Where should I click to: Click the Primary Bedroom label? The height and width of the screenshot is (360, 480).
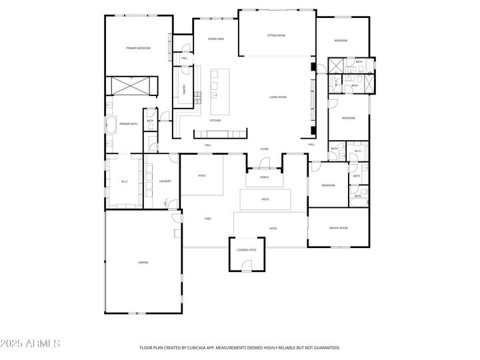click(x=139, y=48)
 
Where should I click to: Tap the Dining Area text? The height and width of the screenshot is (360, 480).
click(x=215, y=39)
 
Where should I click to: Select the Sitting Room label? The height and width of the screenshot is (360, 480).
click(x=277, y=35)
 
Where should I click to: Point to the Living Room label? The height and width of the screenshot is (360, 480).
click(x=278, y=97)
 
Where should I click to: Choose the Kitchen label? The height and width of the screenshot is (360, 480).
click(x=215, y=120)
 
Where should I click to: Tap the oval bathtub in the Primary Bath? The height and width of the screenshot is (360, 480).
click(x=110, y=125)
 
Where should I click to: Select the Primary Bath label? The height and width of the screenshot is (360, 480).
click(x=128, y=124)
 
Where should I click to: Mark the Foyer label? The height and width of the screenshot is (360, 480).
click(x=264, y=149)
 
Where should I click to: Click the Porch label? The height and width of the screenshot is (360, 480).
click(x=265, y=178)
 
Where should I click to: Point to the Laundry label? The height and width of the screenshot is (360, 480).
click(x=165, y=181)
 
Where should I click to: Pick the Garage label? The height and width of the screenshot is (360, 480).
click(x=143, y=263)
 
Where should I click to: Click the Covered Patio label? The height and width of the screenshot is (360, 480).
click(x=247, y=250)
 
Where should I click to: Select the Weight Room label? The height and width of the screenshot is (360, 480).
click(x=339, y=228)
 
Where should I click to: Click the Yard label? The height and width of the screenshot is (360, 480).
click(x=207, y=218)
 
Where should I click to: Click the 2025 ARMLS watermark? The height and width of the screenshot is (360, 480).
click(x=31, y=345)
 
